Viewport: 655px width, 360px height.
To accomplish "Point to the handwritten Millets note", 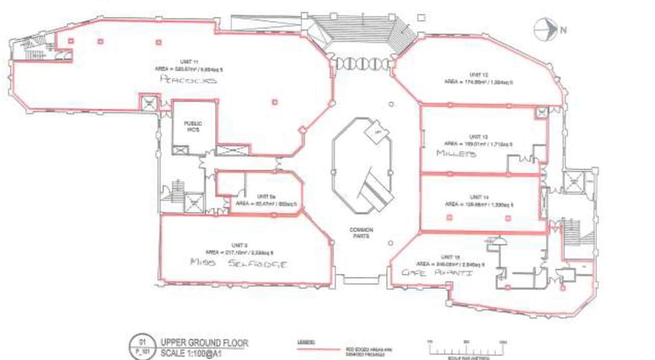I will [x=457, y=153].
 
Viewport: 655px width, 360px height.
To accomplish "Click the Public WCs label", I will [x=194, y=124].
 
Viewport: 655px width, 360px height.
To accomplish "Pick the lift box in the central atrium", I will [x=377, y=131].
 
